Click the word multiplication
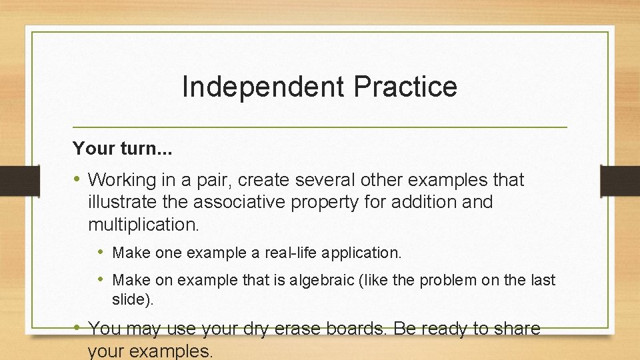[x=143, y=224]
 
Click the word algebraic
[x=317, y=280]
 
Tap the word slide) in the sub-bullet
[x=133, y=300]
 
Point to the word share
[x=513, y=329]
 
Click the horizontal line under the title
[x=320, y=127]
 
